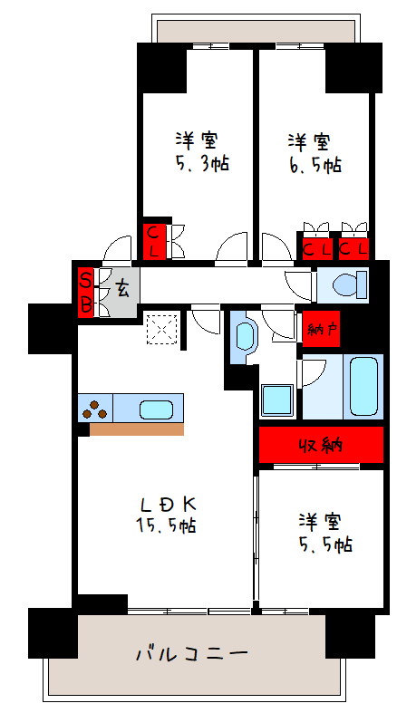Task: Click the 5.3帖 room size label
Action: (202, 163)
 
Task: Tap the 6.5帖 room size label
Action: (315, 165)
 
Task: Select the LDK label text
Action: (168, 504)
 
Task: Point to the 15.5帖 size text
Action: (166, 525)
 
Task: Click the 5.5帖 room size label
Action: (325, 544)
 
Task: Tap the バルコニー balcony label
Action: (192, 654)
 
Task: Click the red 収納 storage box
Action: (321, 445)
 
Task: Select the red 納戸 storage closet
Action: (322, 329)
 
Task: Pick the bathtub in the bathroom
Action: (363, 386)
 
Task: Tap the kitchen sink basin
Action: (156, 409)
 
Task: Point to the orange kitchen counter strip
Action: (137, 429)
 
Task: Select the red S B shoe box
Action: (85, 293)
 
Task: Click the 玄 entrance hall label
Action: (121, 289)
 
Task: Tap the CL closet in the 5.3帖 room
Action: (154, 242)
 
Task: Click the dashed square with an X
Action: (161, 328)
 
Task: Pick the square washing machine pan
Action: (277, 400)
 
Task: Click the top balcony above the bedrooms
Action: (255, 31)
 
